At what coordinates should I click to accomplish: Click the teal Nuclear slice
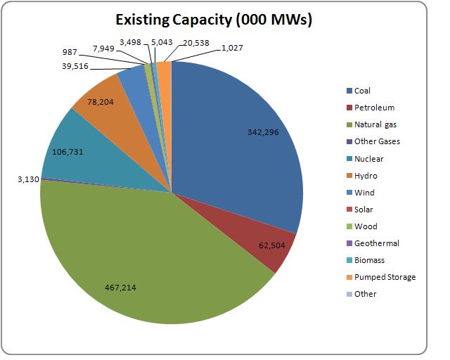[x=98, y=158]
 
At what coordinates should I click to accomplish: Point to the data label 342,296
[x=267, y=131]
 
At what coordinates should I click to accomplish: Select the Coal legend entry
[x=362, y=91]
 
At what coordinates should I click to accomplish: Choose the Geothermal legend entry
[x=376, y=243]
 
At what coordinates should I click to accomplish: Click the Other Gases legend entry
[x=376, y=141]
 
